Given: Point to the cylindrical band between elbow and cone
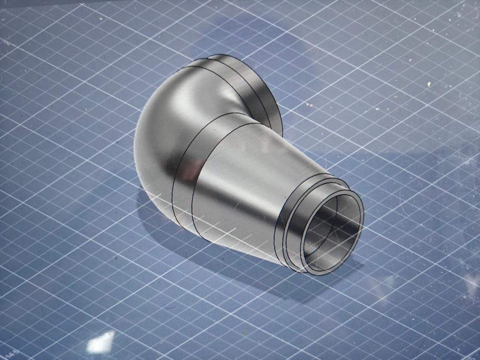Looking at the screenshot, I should point(188,180).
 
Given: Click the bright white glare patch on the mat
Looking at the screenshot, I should point(100,342).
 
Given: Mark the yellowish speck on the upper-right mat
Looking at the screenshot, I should point(428,84).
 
